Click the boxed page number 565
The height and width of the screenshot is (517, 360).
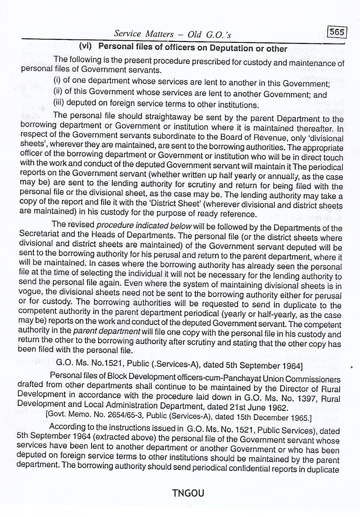[337, 32]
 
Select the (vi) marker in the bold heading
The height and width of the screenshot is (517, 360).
[85, 46]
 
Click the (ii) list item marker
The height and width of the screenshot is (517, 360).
[58, 91]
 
